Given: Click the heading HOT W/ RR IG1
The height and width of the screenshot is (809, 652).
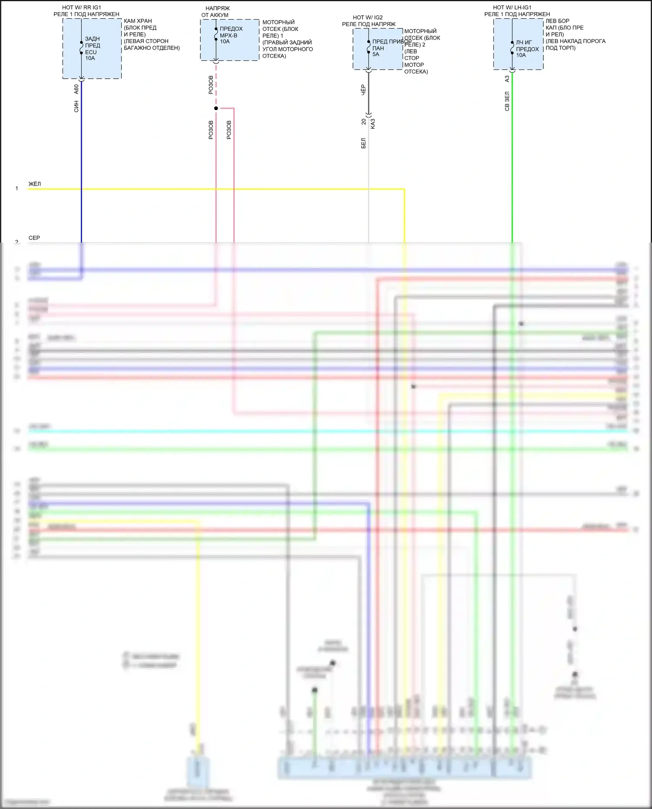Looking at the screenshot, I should tap(81, 7).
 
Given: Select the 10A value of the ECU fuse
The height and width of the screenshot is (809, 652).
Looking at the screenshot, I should tap(90, 58).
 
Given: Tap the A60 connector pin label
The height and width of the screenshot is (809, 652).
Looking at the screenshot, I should tap(77, 89).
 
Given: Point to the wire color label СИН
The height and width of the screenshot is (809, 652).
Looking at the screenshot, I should tap(77, 107).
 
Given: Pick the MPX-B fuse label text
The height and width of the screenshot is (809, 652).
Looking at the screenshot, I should tap(229, 35).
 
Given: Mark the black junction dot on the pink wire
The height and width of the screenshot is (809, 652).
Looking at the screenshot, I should tap(216, 108).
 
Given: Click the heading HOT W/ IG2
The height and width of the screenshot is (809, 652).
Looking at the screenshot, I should tap(368, 17).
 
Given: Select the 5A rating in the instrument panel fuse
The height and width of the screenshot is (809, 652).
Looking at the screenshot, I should tap(376, 54).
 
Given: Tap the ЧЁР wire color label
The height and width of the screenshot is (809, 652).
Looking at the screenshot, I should tap(363, 90).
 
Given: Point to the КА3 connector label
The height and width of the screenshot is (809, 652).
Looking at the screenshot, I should tap(373, 123).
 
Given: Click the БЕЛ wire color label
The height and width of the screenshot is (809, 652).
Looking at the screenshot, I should tap(363, 143).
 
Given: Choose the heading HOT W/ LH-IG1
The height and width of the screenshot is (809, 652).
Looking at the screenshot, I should tap(512, 7).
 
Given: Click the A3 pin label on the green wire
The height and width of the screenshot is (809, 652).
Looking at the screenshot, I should tap(507, 79).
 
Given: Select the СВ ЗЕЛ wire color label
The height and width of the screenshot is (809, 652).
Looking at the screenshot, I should tap(507, 101).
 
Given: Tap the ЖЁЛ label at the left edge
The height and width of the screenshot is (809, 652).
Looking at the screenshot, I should tap(35, 184).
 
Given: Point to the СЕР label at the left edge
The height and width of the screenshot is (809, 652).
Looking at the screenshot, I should tap(34, 238).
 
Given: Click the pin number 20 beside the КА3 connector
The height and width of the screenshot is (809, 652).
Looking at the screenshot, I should tap(364, 122).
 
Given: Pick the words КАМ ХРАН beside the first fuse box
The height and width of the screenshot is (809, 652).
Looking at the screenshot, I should tap(138, 21).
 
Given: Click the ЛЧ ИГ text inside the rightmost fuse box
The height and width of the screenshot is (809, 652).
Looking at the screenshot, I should tap(524, 43).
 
